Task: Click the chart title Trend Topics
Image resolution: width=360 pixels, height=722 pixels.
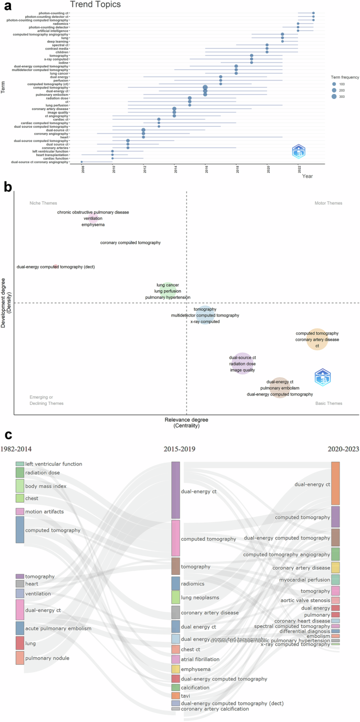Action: pyautogui.click(x=95, y=5)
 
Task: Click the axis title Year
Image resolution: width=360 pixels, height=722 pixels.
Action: pyautogui.click(x=307, y=176)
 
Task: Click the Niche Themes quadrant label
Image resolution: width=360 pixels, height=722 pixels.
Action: pyautogui.click(x=42, y=203)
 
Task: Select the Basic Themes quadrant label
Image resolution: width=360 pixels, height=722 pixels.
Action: pyautogui.click(x=328, y=403)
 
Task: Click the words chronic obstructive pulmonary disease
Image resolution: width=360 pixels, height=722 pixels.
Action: pyautogui.click(x=93, y=212)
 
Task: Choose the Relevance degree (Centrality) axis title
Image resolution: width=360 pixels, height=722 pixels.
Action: pyautogui.click(x=187, y=423)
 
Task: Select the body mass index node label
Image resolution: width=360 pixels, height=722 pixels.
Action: pyautogui.click(x=46, y=486)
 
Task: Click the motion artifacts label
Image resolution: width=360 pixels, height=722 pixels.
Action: pyautogui.click(x=45, y=511)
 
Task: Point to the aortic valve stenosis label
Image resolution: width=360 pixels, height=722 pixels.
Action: pyautogui.click(x=305, y=600)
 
